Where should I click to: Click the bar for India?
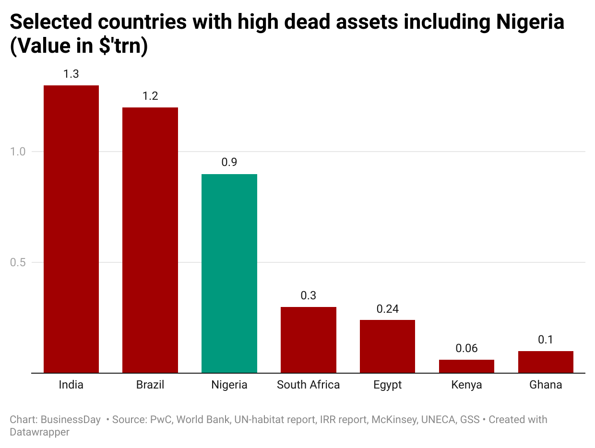pyautogui.click(x=71, y=229)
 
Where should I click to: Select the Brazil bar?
pyautogui.click(x=150, y=240)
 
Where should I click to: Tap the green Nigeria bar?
pyautogui.click(x=229, y=273)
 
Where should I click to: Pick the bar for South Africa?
pyautogui.click(x=308, y=340)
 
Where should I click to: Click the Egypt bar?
pyautogui.click(x=387, y=346)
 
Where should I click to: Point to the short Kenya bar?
pyautogui.click(x=466, y=366)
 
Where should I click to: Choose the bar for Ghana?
pyautogui.click(x=546, y=362)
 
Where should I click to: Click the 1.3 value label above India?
pyautogui.click(x=71, y=74)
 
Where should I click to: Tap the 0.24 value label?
pyautogui.click(x=387, y=309)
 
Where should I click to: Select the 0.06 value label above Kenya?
pyautogui.click(x=466, y=348)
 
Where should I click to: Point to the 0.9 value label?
pyautogui.click(x=229, y=163)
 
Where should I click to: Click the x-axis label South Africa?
pyautogui.click(x=308, y=385)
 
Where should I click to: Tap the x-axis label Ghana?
pyautogui.click(x=546, y=385)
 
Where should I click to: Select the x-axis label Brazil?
pyautogui.click(x=150, y=385)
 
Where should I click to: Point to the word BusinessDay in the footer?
pyautogui.click(x=71, y=420)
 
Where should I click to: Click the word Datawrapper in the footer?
pyautogui.click(x=39, y=432)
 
